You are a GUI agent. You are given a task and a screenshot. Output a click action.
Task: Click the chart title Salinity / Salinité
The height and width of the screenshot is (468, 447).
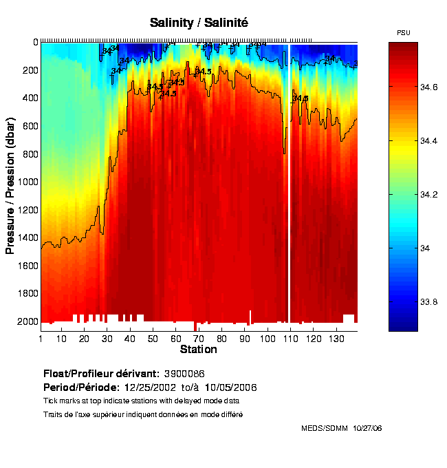pos(199,23)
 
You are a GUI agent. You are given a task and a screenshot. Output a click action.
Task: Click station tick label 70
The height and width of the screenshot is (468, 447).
pos(198,339)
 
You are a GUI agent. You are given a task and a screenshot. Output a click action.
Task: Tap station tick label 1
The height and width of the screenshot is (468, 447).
pos(41,339)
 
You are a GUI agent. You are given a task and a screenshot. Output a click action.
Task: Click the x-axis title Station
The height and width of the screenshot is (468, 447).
pos(198,350)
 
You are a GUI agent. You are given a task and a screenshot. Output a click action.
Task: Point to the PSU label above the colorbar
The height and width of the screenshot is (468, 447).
pos(404,33)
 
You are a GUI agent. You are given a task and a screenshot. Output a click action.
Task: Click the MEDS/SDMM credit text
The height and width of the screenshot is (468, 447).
pos(324,428)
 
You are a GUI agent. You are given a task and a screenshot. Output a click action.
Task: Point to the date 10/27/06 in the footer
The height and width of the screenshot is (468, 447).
pos(367,428)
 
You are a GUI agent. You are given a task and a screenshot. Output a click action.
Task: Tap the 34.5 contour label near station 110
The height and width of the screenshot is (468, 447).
pos(300,98)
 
